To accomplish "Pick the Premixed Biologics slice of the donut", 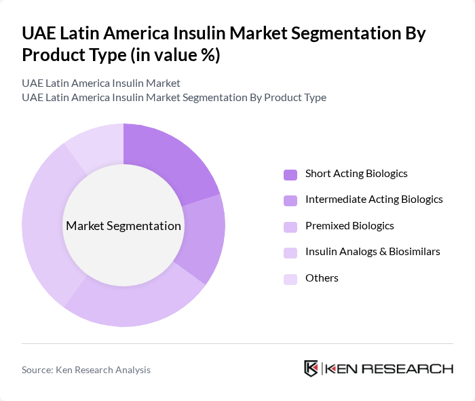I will click(x=136, y=299).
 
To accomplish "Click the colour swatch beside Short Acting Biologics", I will click(x=290, y=174).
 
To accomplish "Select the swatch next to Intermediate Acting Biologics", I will click(x=290, y=200).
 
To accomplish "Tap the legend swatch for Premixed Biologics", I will click(x=290, y=227).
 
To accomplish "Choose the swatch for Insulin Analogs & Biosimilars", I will click(x=290, y=252).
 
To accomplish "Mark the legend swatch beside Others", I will click(x=290, y=279).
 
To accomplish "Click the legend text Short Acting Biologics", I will click(x=356, y=174).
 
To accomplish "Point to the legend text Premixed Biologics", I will click(x=349, y=226).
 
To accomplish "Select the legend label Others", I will click(x=322, y=278).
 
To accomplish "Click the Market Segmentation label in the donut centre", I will click(x=123, y=226).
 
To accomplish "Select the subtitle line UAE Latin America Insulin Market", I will click(x=101, y=83).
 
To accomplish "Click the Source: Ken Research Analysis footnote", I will click(x=86, y=370).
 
